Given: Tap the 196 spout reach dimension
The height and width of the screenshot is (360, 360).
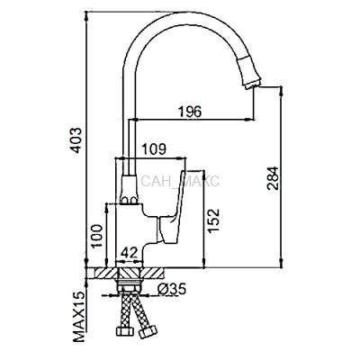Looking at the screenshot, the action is [x=190, y=112].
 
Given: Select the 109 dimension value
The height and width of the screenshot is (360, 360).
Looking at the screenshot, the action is [x=153, y=149].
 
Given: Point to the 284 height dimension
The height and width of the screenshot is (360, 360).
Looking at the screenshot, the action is [x=273, y=178].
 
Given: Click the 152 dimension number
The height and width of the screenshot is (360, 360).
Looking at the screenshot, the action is [x=214, y=220].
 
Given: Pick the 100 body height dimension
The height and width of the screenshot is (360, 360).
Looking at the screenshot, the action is [x=97, y=236].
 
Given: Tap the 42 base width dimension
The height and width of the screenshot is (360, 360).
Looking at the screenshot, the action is [x=130, y=252].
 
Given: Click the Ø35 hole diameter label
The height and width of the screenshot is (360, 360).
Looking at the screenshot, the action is [x=172, y=289].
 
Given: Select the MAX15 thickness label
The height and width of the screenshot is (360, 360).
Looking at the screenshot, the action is [x=78, y=317].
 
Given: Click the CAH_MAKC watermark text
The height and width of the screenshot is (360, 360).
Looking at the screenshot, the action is [x=180, y=182].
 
